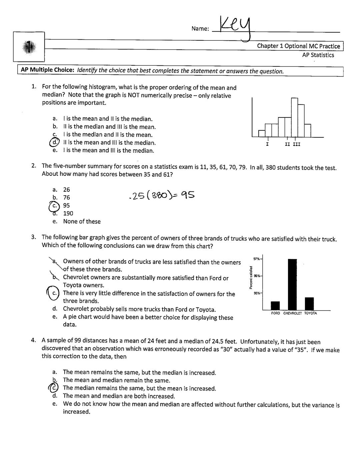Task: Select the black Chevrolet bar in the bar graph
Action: click(292, 284)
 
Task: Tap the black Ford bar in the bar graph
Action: click(275, 306)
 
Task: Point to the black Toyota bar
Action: click(309, 303)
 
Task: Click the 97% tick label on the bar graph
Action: click(257, 259)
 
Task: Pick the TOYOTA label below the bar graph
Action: click(310, 314)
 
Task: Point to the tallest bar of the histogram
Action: click(294, 117)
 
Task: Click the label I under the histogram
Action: click(267, 144)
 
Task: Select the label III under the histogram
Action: click(296, 144)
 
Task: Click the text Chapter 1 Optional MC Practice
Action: click(298, 46)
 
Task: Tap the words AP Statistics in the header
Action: click(318, 55)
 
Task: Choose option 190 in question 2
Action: click(68, 213)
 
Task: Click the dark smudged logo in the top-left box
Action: click(29, 47)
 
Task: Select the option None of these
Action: click(82, 221)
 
